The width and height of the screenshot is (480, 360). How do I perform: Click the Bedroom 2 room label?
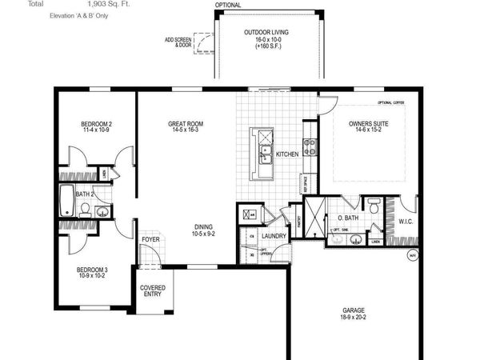96,124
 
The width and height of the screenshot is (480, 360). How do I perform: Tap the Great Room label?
185,124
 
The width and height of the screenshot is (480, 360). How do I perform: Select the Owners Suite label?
367,124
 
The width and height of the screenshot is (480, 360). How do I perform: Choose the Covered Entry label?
152,290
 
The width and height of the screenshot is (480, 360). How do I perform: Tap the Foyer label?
150,239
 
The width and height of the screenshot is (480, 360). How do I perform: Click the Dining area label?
204,226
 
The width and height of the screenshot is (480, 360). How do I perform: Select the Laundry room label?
274,236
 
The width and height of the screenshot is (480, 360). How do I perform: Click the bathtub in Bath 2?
66,203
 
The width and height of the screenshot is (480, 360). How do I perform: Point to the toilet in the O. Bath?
373,207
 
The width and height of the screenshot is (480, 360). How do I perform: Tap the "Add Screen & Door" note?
178,41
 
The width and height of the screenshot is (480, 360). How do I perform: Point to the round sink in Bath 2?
102,211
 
